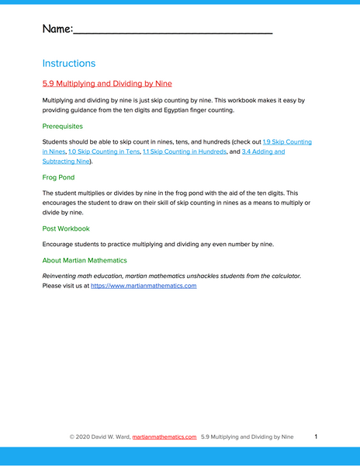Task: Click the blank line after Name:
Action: pyautogui.click(x=172, y=31)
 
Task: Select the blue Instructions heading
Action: pyautogui.click(x=69, y=63)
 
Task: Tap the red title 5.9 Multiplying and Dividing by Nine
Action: pyautogui.click(x=107, y=83)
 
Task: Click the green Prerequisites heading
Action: pyautogui.click(x=63, y=126)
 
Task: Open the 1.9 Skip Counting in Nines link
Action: pyautogui.click(x=287, y=142)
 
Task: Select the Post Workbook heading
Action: pyautogui.click(x=66, y=229)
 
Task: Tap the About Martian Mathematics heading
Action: pyautogui.click(x=85, y=260)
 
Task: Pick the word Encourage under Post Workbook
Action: pyautogui.click(x=61, y=245)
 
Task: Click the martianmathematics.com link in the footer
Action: pyautogui.click(x=164, y=437)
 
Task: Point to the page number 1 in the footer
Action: pyautogui.click(x=316, y=437)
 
